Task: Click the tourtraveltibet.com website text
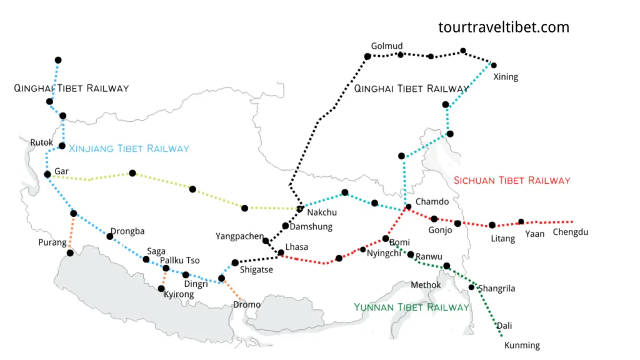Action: tap(504, 27)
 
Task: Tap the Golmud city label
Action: tap(387, 46)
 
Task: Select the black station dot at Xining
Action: tap(494, 65)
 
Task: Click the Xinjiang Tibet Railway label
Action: tap(128, 149)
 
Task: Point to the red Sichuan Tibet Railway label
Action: tap(512, 181)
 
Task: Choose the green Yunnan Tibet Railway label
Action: tap(411, 307)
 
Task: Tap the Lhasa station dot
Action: tap(281, 253)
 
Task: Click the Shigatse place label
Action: tap(256, 270)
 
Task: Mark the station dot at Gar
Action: tap(47, 174)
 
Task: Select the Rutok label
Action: tap(42, 142)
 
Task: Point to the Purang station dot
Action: tap(71, 253)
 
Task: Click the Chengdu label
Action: tap(571, 232)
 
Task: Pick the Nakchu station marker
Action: tap(300, 209)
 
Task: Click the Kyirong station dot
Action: tap(161, 288)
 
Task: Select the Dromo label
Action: tap(246, 304)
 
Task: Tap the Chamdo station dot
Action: tap(408, 207)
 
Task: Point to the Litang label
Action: tap(503, 239)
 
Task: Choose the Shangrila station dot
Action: tap(472, 287)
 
